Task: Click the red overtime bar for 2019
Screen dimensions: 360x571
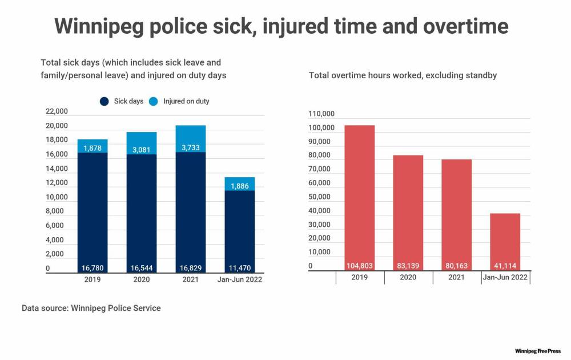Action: (360, 194)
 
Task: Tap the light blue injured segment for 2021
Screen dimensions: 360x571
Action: (191, 138)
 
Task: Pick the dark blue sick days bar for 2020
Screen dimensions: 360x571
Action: (142, 211)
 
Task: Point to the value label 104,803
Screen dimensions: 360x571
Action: (360, 265)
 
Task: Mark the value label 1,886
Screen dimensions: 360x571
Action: (240, 186)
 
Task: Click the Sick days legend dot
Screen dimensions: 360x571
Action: (104, 102)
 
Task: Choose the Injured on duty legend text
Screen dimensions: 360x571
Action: (186, 102)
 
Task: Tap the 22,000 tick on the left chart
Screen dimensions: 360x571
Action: (57, 111)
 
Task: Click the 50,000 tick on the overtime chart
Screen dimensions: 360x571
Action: (319, 197)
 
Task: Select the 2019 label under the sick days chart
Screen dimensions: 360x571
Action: (93, 279)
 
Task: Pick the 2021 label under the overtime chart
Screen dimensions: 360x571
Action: (457, 277)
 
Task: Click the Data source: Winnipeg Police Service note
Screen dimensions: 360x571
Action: (91, 308)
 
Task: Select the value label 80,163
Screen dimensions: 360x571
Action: (457, 265)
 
